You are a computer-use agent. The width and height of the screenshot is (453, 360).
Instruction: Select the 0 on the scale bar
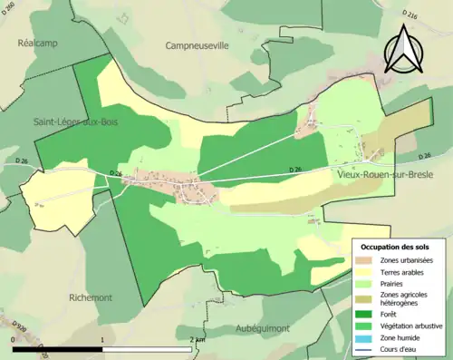[x=13, y=339]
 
